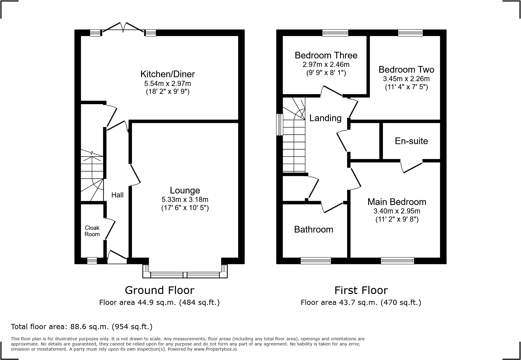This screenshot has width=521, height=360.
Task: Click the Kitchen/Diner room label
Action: (167, 74)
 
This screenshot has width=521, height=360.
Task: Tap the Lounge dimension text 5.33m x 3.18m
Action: (185, 200)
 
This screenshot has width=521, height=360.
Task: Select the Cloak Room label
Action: (92, 231)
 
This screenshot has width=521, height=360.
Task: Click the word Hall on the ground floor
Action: (117, 195)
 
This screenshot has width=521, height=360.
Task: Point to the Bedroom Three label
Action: (326, 55)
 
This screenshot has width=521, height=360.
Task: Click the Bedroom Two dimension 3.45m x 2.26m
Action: (406, 79)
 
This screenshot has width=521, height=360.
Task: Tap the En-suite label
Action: (411, 141)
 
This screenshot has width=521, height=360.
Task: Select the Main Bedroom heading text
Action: (397, 202)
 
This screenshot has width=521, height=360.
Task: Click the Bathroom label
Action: (313, 230)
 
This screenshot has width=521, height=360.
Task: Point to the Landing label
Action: (325, 118)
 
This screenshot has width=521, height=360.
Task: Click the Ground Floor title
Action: (159, 290)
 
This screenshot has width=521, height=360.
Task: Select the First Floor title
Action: (361, 290)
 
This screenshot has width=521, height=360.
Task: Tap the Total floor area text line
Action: (82, 327)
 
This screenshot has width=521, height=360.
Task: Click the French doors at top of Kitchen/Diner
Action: (123, 29)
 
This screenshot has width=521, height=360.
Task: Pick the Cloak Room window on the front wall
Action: (92, 260)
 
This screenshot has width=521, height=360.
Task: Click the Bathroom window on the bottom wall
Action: (316, 260)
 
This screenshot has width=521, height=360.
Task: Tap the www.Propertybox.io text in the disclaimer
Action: (215, 349)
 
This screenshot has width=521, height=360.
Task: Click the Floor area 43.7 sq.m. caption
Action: (361, 302)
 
